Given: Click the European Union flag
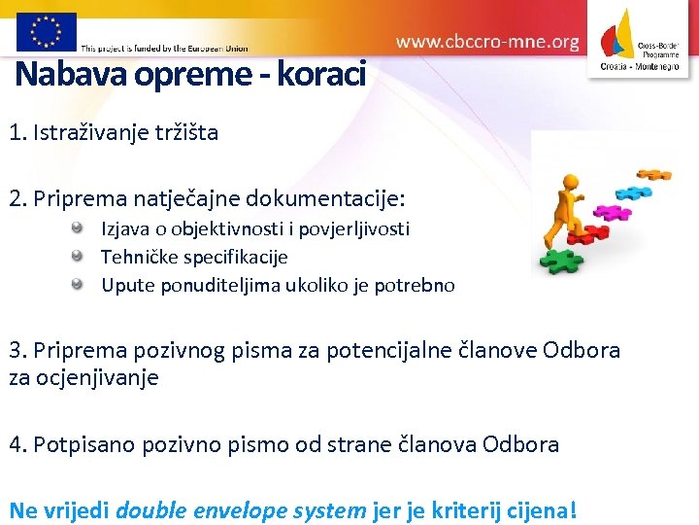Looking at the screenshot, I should [x=46, y=31].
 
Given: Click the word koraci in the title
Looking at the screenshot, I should [x=321, y=74].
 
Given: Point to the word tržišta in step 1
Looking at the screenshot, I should [x=183, y=132].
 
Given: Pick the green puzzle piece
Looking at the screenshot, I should [x=562, y=261].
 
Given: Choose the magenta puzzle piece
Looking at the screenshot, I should [x=613, y=211].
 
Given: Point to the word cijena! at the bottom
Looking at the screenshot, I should [x=543, y=509].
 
